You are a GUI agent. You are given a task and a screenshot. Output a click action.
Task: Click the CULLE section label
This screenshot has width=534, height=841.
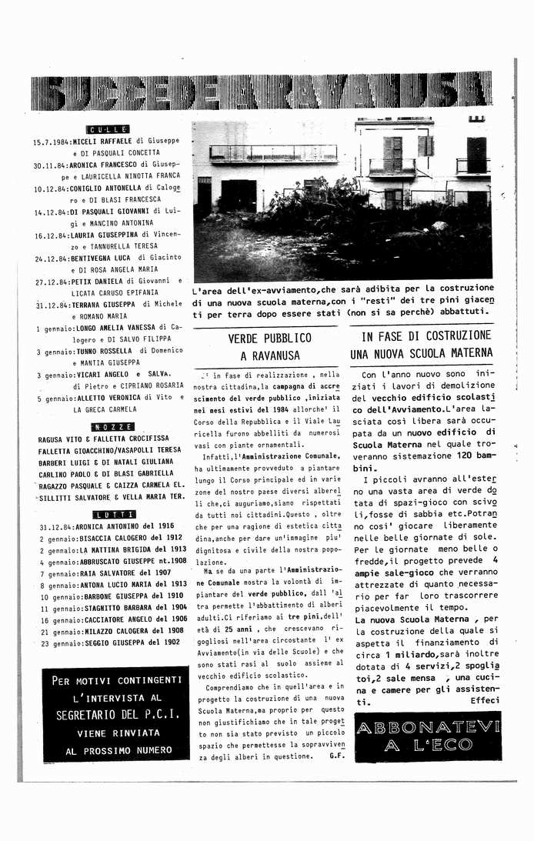coord(108,129)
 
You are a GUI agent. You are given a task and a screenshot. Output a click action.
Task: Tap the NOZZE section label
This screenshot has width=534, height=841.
coord(112,426)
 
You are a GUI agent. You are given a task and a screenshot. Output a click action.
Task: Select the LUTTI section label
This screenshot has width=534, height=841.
coord(115,514)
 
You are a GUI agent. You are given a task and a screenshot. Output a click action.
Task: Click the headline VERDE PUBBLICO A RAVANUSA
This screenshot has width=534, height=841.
coord(270,347)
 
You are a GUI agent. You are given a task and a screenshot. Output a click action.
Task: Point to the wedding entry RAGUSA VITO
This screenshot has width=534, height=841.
coord(60,439)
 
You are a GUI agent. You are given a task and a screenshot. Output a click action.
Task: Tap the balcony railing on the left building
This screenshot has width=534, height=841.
coord(273,153)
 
